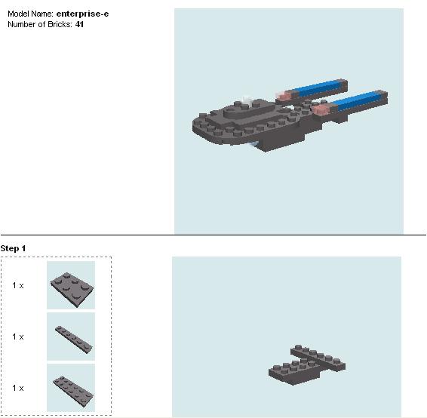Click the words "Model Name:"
point(31,14)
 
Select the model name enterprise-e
point(82,14)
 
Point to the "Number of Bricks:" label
point(41,24)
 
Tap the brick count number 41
point(80,24)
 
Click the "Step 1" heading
point(14,248)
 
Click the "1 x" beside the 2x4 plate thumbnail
point(18,285)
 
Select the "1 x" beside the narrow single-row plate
point(18,337)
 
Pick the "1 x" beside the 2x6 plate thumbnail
point(18,388)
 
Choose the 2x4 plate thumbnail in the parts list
point(71,285)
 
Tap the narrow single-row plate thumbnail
point(71,337)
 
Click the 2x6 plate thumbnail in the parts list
point(71,388)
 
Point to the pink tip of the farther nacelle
point(284,96)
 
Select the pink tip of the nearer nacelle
point(322,110)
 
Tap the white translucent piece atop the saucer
point(247,100)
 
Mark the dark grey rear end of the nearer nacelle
point(382,97)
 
